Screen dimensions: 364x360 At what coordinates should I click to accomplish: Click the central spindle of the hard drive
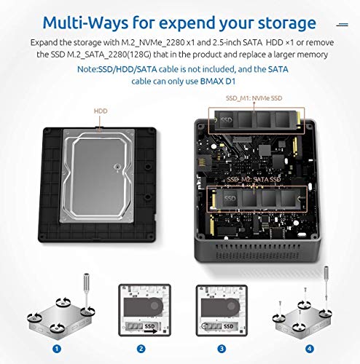117,167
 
